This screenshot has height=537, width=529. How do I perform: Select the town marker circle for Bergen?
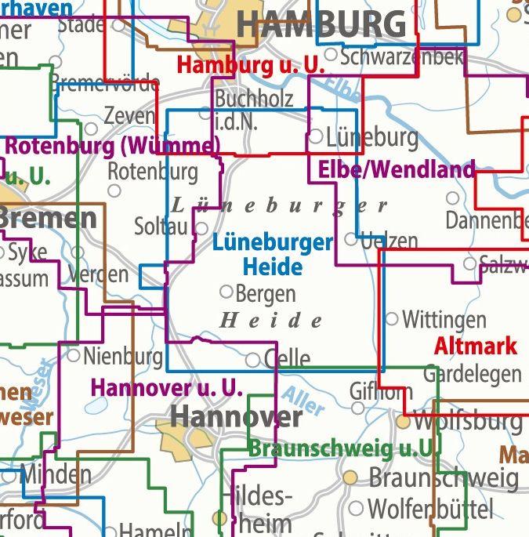point(226,292)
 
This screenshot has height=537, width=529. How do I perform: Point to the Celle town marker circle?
point(253,360)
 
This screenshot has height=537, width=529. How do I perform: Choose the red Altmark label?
point(475,346)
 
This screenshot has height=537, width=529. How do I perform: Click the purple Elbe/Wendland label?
point(396,169)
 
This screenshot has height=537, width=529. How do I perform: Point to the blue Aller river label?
point(302,402)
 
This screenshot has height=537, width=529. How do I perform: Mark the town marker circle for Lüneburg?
point(316,136)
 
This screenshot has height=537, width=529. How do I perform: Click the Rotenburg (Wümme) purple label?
point(113,146)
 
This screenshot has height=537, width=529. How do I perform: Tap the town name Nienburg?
point(122,357)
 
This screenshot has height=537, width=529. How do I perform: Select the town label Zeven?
point(129,115)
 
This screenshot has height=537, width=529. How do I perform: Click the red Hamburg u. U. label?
point(251,64)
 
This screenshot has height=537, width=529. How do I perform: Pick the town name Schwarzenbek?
point(402,56)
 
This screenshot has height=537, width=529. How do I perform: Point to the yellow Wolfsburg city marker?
point(403,422)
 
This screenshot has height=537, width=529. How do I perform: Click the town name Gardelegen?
point(472,374)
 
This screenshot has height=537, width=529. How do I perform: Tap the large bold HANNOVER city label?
point(236,416)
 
